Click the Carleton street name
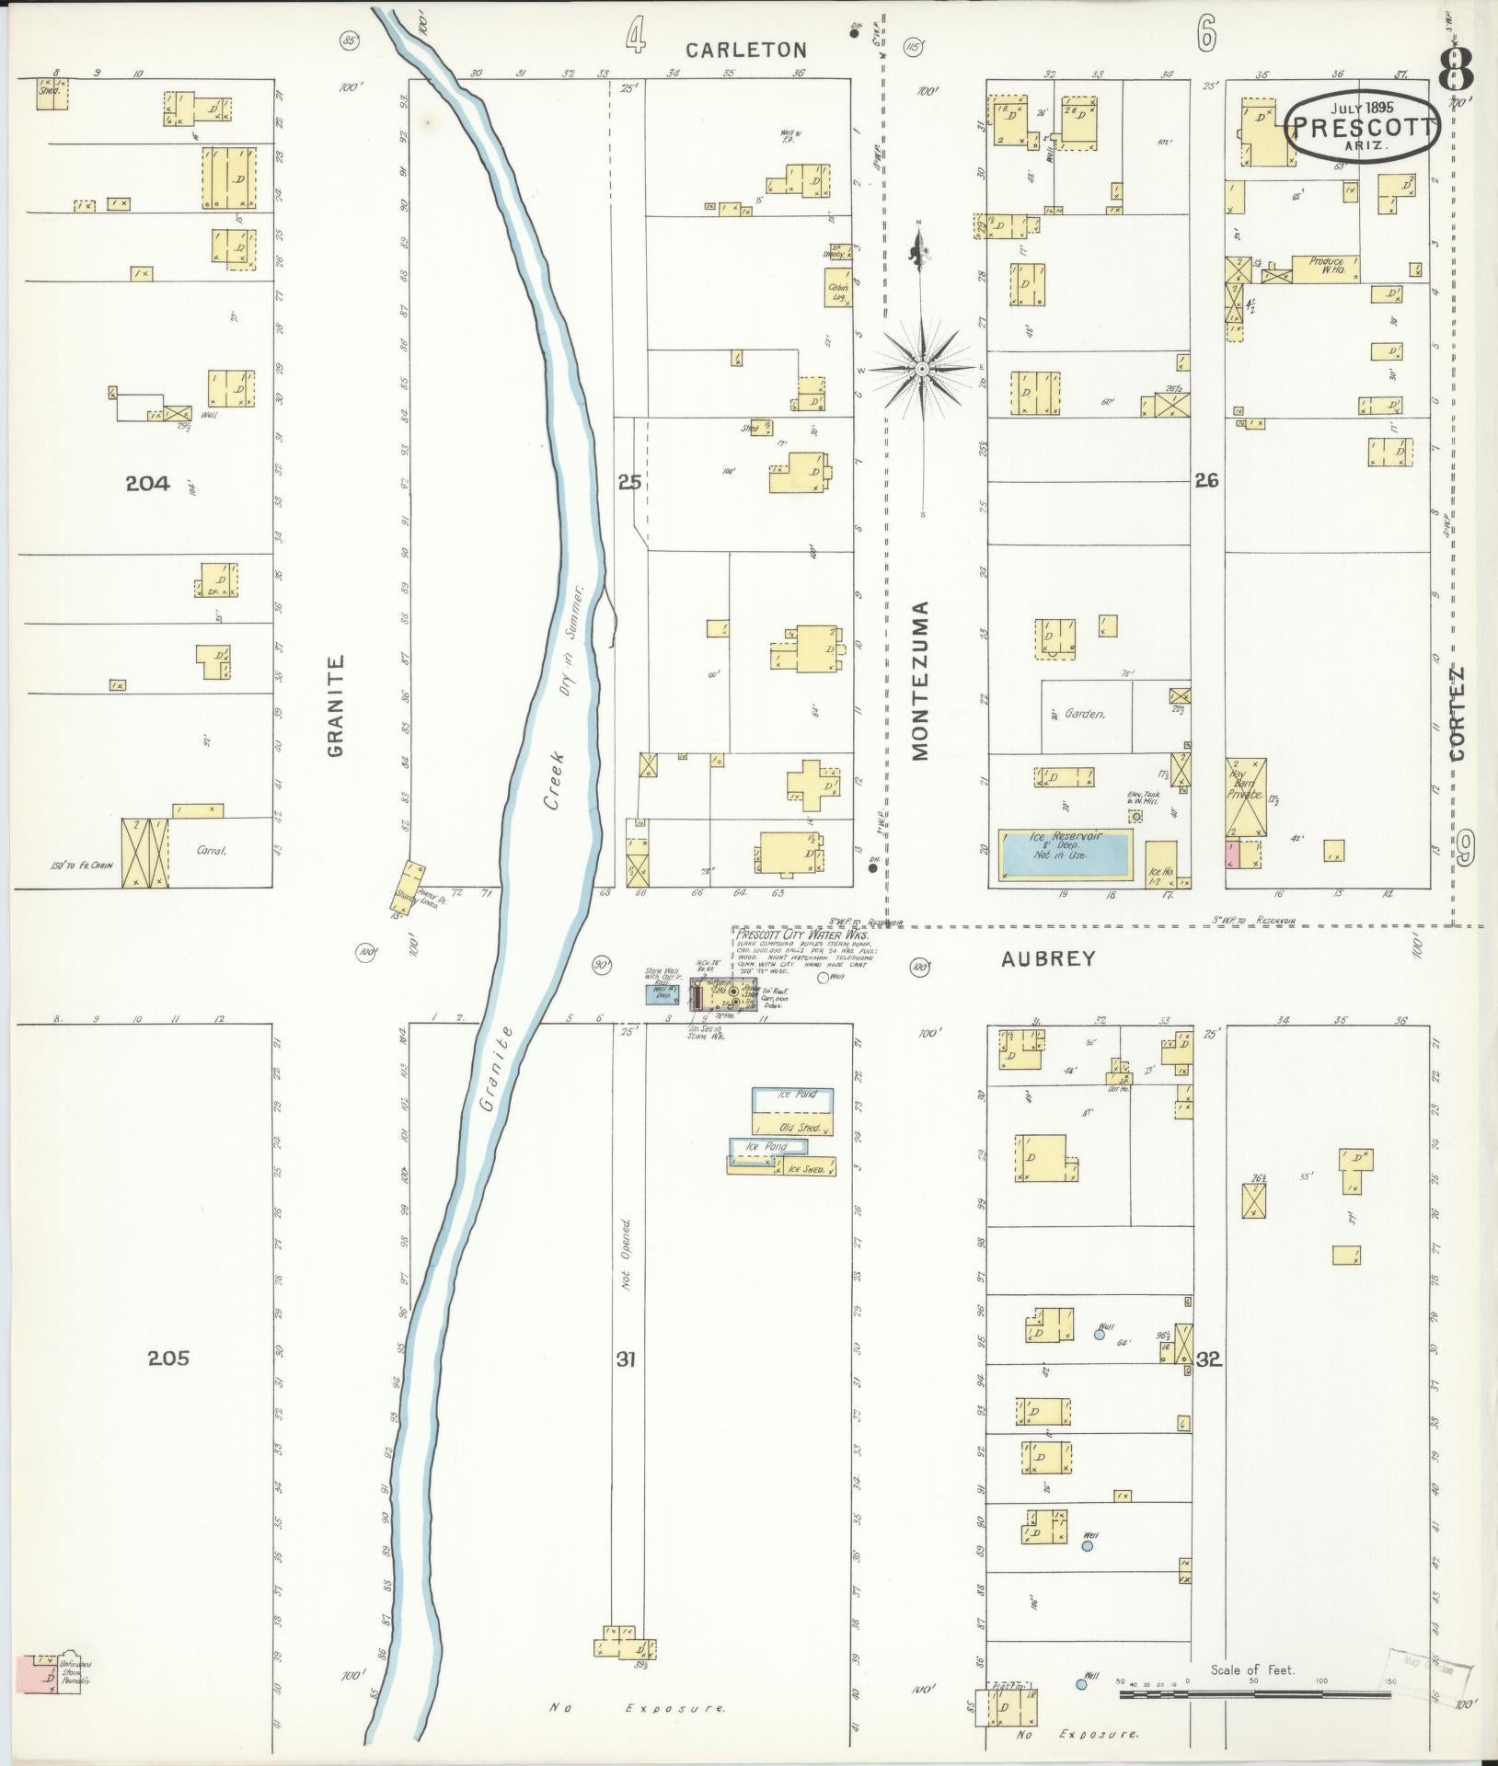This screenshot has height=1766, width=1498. pyautogui.click(x=745, y=50)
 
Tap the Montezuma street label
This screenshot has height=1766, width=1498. pyautogui.click(x=921, y=681)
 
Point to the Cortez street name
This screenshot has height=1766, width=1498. pyautogui.click(x=1457, y=712)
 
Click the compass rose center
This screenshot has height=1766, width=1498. pyautogui.click(x=921, y=369)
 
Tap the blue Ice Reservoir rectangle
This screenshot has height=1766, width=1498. pyautogui.click(x=1065, y=854)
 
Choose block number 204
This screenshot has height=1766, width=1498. pyautogui.click(x=147, y=483)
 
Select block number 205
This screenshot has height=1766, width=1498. pyautogui.click(x=167, y=1357)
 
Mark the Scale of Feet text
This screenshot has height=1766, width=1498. pyautogui.click(x=1252, y=1669)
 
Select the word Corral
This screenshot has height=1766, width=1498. pyautogui.click(x=212, y=851)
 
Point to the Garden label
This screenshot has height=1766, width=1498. pyautogui.click(x=1085, y=713)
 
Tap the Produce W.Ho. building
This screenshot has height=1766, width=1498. pyautogui.click(x=1326, y=268)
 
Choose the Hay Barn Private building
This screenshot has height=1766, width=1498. pyautogui.click(x=1245, y=792)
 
